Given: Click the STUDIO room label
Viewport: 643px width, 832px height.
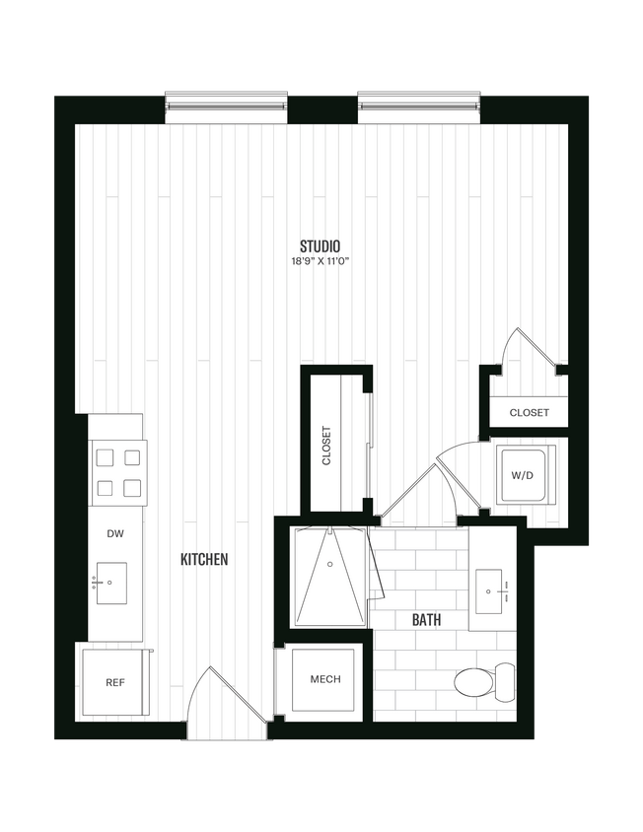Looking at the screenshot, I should click(321, 245).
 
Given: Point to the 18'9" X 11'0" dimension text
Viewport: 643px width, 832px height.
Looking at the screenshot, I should click(321, 262).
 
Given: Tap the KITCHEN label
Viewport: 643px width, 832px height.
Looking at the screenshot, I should click(204, 560).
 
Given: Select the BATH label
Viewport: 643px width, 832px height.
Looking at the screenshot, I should click(426, 620).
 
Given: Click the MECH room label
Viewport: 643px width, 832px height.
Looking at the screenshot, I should click(324, 679).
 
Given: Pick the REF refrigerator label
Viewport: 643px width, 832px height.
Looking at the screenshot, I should click(114, 682).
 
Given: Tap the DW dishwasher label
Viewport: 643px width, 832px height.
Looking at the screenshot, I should click(114, 533).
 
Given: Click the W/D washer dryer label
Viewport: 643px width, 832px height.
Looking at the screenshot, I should click(524, 475).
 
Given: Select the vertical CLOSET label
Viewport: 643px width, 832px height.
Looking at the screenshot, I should click(326, 446).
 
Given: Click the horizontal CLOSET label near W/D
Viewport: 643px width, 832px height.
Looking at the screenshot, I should click(529, 413).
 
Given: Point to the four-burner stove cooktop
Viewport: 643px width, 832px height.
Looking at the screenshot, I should click(117, 472).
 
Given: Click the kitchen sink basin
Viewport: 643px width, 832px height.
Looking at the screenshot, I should click(111, 584).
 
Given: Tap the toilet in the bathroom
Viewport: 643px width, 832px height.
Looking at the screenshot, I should click(484, 680).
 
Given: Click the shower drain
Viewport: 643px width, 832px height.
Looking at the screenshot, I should click(329, 566).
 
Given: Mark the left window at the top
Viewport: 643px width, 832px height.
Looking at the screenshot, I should click(226, 102).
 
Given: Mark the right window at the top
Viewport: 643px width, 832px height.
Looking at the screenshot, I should click(418, 102).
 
